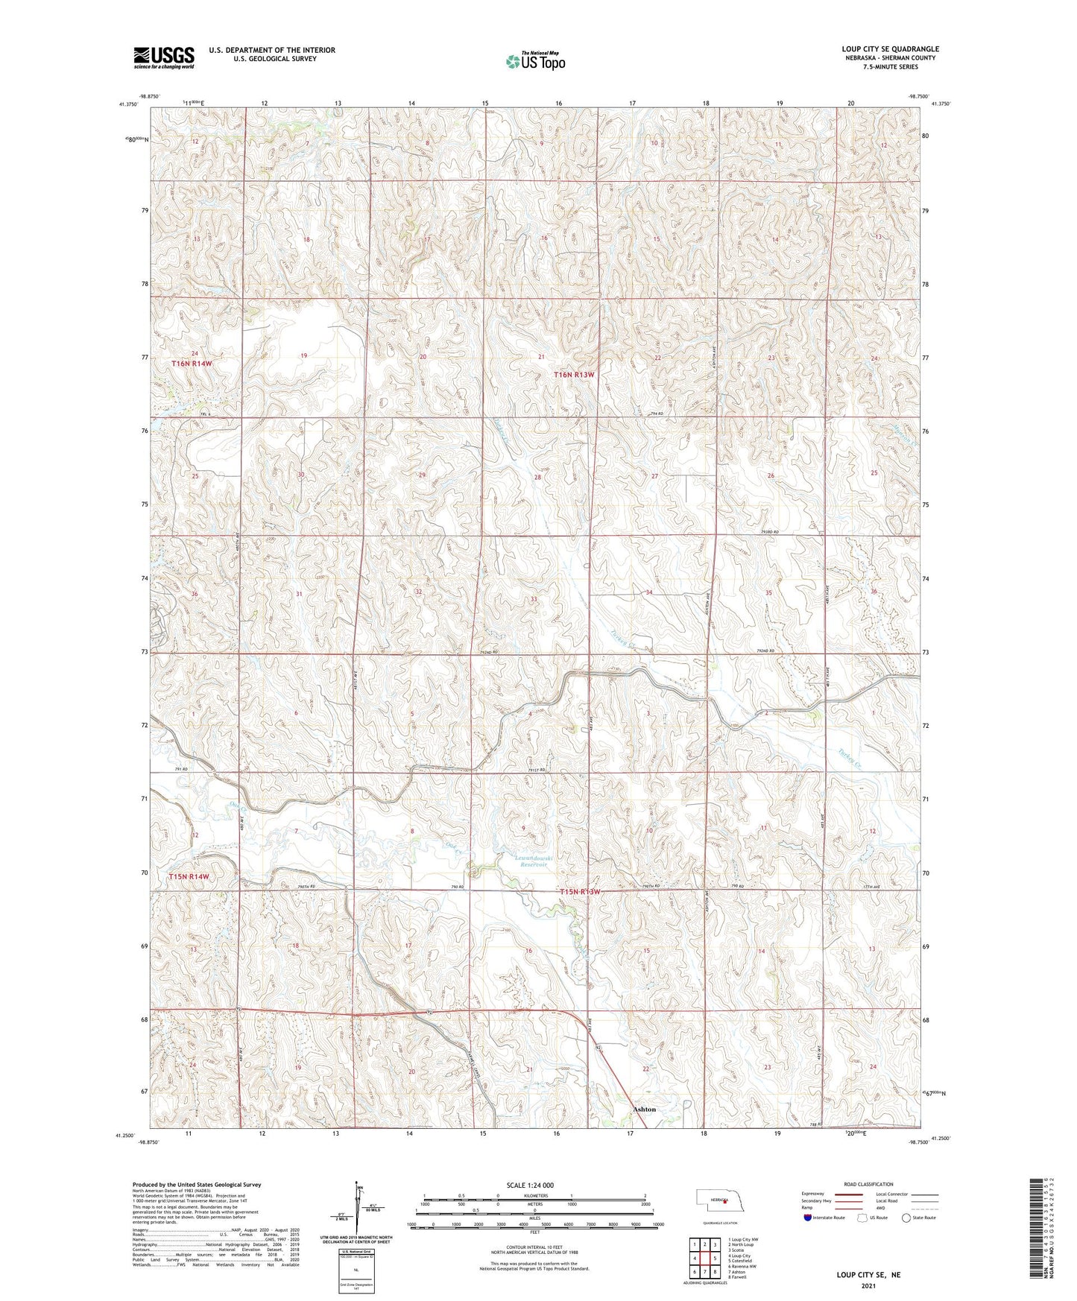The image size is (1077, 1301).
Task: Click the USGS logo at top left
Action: pos(164,57)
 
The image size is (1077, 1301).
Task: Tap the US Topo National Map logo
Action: pos(534,61)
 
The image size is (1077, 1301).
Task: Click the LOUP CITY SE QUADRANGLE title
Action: pos(890,49)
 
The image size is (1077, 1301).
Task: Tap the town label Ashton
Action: pos(644,1109)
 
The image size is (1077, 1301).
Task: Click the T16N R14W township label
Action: pos(192,364)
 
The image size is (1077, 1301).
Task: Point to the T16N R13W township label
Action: pos(574,375)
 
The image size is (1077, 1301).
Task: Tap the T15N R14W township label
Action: pos(189,877)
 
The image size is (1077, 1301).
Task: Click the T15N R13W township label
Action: pos(580,892)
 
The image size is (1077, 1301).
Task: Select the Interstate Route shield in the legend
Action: pos(808,1218)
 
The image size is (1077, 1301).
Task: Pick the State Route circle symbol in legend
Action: pos(906,1218)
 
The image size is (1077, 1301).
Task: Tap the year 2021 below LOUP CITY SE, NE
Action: pos(868,1286)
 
